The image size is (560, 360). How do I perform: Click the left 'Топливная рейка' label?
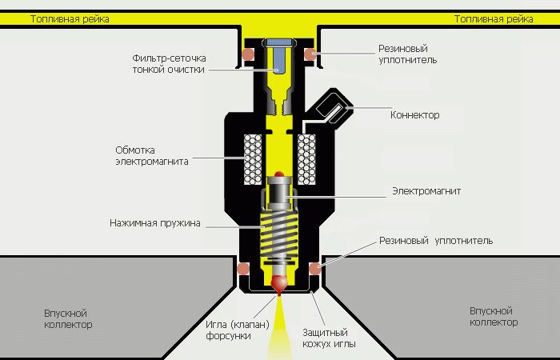[70, 18]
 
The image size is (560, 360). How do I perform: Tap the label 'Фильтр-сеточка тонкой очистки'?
[170, 64]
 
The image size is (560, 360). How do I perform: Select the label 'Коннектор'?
[414, 115]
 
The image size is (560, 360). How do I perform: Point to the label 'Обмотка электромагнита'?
[152, 155]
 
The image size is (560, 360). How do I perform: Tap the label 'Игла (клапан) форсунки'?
[225, 330]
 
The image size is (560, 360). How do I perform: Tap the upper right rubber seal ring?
[310, 54]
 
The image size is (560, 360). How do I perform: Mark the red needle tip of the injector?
[279, 285]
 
